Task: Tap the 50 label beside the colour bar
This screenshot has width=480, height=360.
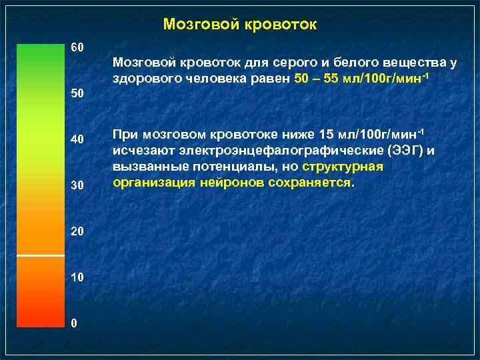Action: point(77,94)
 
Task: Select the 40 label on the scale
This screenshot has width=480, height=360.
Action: point(77,139)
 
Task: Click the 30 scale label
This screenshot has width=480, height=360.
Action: point(77,185)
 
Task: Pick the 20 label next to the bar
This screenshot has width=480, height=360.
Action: point(77,231)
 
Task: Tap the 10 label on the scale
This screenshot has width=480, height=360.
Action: point(77,277)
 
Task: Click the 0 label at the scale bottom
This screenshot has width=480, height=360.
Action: point(75,323)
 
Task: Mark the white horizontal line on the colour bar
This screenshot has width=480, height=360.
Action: point(40,255)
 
